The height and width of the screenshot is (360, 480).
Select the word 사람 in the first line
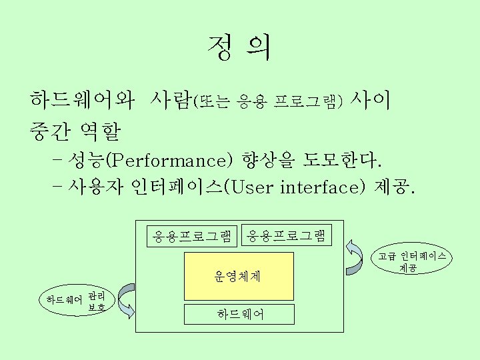coord(171,101)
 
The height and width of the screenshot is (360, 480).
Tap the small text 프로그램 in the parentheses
coord(307,102)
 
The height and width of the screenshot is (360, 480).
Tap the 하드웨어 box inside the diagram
coord(239,314)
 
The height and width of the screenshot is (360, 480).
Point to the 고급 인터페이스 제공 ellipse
coord(408,261)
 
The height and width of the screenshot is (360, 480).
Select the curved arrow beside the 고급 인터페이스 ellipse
coord(353,257)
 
